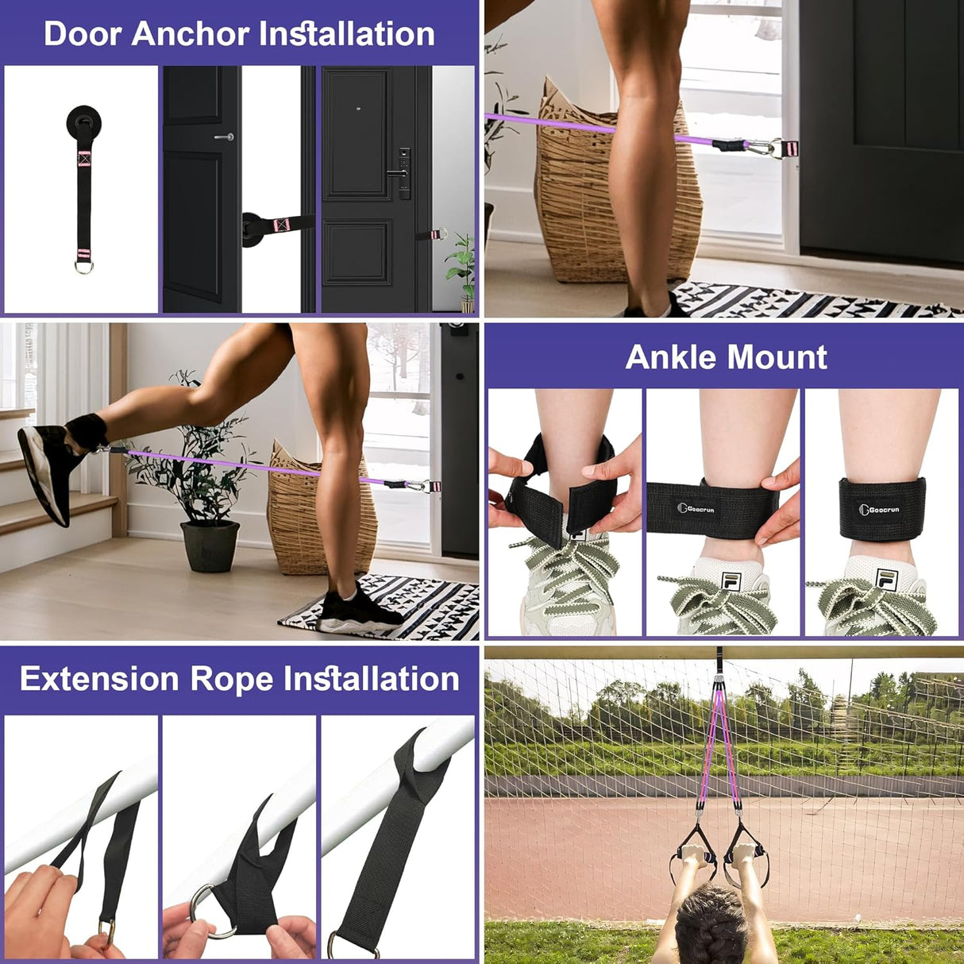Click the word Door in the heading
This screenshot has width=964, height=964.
[x=83, y=34]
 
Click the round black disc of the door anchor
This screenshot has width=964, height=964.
[x=83, y=121]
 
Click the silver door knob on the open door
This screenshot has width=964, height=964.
[x=226, y=137]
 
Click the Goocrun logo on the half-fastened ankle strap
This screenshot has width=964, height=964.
[x=696, y=508]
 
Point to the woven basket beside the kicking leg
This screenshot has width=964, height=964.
[x=318, y=508]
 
